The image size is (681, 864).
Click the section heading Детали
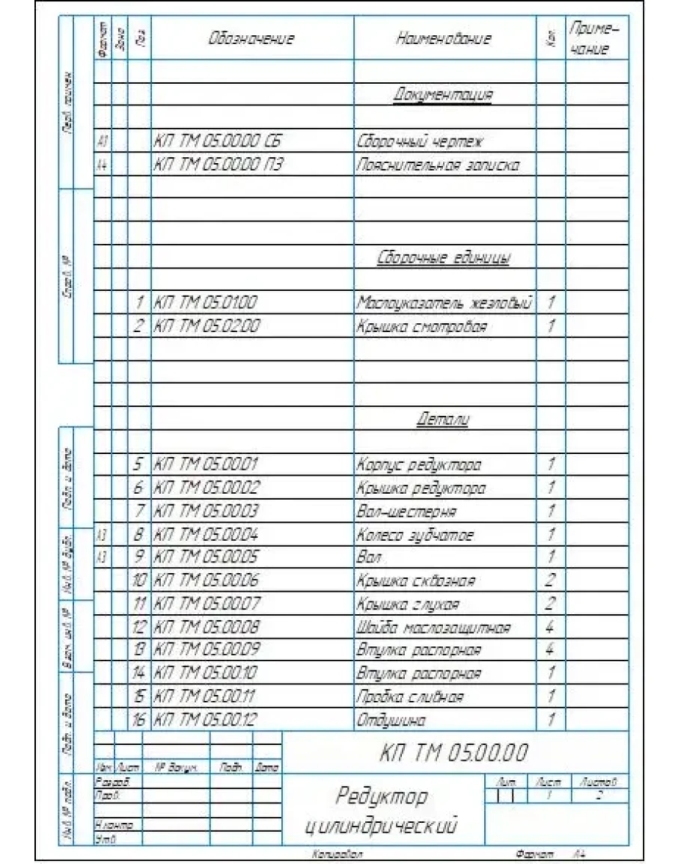click(x=443, y=419)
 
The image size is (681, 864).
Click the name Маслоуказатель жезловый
click(x=444, y=304)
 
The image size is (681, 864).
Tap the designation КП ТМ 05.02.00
click(x=206, y=327)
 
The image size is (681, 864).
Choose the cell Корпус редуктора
click(x=419, y=465)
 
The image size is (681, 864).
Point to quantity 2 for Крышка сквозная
click(x=551, y=580)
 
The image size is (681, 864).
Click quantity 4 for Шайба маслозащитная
click(x=551, y=627)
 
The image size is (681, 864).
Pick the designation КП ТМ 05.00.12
click(x=206, y=720)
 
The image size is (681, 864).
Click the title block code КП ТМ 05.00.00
click(x=454, y=751)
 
